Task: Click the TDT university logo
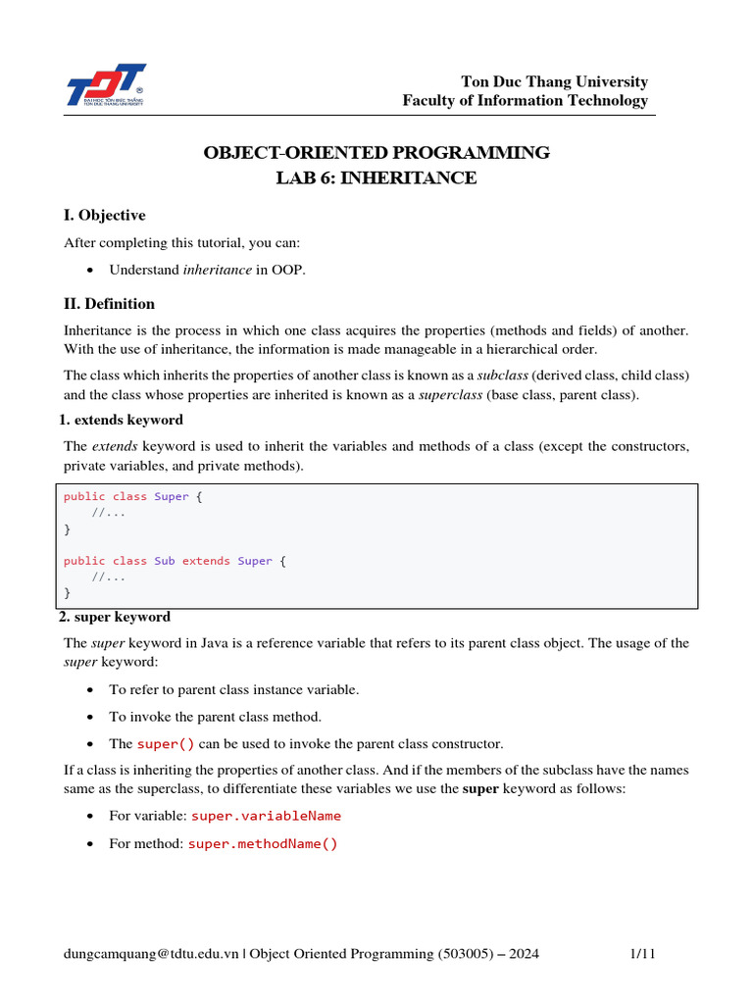pyautogui.click(x=106, y=85)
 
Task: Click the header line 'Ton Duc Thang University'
pyautogui.click(x=555, y=81)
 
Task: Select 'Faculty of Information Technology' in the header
pyautogui.click(x=526, y=100)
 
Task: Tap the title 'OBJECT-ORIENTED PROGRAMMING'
pyautogui.click(x=376, y=153)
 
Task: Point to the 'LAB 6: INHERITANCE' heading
pyautogui.click(x=376, y=178)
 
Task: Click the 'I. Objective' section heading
pyautogui.click(x=104, y=216)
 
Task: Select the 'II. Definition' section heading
pyautogui.click(x=109, y=304)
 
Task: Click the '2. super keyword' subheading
pyautogui.click(x=117, y=617)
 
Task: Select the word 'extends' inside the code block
pyautogui.click(x=206, y=561)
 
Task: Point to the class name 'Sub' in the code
pyautogui.click(x=164, y=561)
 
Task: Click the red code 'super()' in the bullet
pyautogui.click(x=166, y=744)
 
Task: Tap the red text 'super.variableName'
pyautogui.click(x=266, y=816)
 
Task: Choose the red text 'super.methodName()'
pyautogui.click(x=262, y=843)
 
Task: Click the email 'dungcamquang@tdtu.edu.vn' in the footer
pyautogui.click(x=151, y=954)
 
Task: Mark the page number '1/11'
pyautogui.click(x=640, y=954)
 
